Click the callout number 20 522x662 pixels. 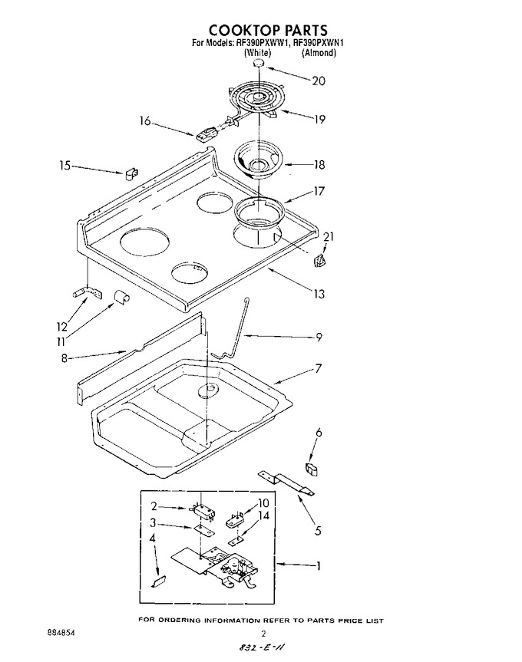click(x=319, y=81)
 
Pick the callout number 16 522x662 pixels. click(x=145, y=121)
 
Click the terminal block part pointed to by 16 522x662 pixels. click(x=204, y=135)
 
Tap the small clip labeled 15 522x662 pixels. click(x=131, y=173)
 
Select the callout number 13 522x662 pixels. click(x=319, y=293)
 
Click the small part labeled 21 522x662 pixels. click(x=319, y=261)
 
